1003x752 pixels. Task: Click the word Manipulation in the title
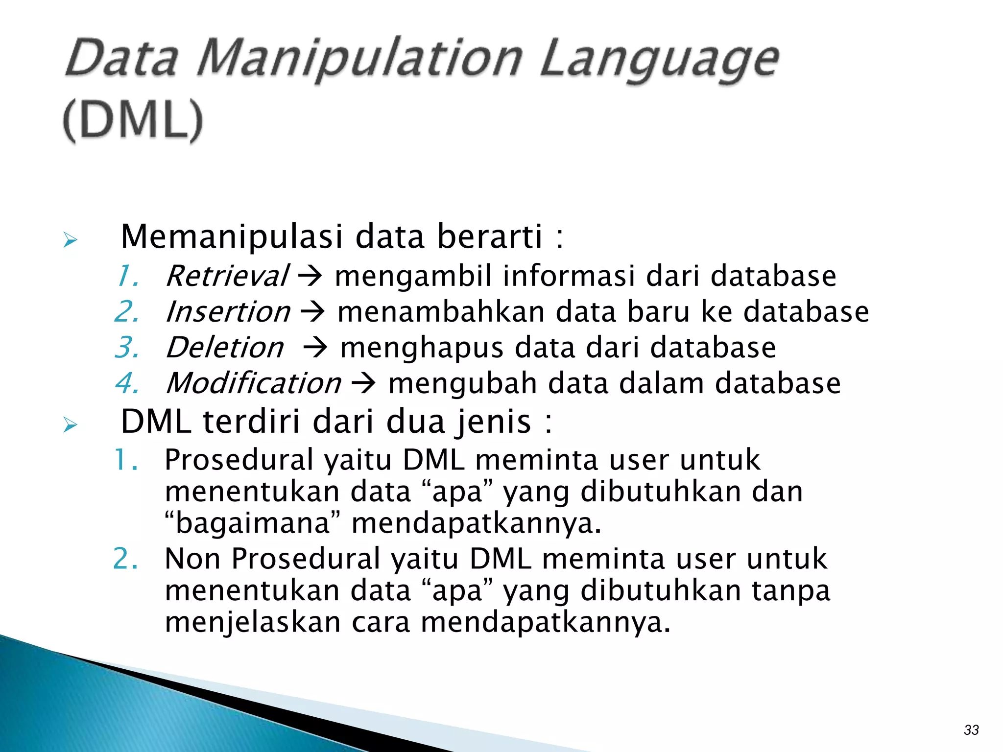point(360,60)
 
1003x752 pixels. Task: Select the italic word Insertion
point(228,312)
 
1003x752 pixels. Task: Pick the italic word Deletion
point(225,348)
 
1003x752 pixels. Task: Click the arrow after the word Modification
point(364,383)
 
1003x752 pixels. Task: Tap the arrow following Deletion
point(315,348)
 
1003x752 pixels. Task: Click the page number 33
point(971,730)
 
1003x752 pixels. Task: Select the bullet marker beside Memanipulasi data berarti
point(71,240)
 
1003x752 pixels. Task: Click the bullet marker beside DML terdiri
point(71,424)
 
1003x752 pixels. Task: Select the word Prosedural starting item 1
point(239,460)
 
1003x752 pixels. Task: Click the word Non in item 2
point(192,559)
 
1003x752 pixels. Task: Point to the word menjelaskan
point(253,623)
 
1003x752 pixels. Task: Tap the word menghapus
point(422,348)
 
